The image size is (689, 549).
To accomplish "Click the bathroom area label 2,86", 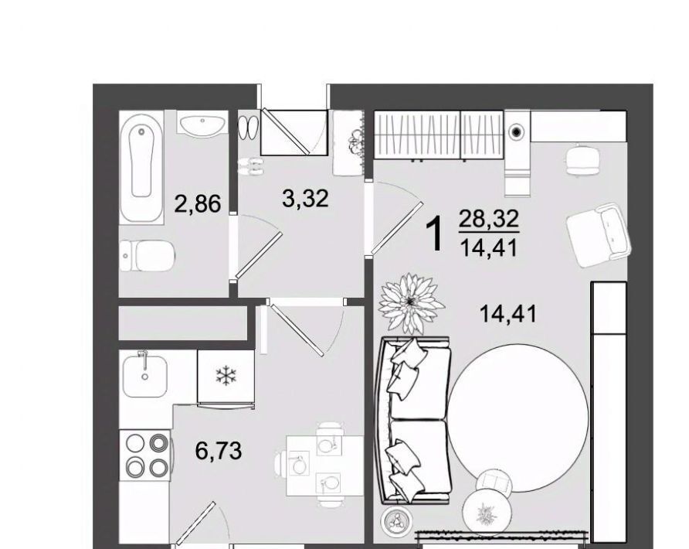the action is [197, 203].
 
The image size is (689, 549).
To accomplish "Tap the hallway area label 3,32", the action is [305, 198].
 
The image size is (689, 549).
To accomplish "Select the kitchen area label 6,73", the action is [219, 451].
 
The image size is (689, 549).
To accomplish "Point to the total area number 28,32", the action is [489, 219].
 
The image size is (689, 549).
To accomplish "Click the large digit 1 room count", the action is [435, 235].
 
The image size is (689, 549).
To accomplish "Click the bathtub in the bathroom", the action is [141, 168].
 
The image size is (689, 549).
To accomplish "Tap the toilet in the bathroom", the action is [148, 256].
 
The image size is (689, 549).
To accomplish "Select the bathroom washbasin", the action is [202, 122].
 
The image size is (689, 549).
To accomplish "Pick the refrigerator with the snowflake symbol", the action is [226, 377].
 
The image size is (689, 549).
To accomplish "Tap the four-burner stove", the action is [147, 455].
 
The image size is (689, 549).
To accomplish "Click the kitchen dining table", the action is [324, 465].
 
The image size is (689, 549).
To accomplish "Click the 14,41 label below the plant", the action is [509, 314].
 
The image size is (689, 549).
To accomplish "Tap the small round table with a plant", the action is [487, 512].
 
